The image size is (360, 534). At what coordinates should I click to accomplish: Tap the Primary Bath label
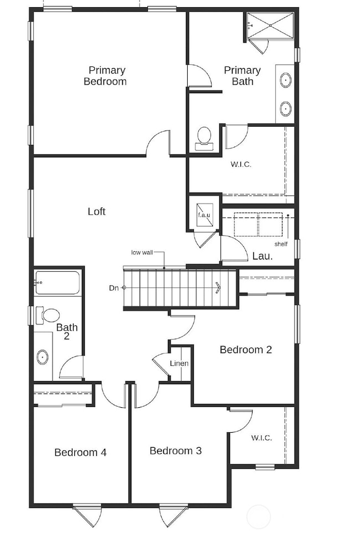(x=242, y=76)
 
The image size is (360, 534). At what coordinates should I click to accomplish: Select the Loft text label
(x=96, y=211)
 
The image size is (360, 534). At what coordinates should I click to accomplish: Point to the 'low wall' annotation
(x=142, y=252)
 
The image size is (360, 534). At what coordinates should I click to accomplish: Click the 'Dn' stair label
(x=114, y=287)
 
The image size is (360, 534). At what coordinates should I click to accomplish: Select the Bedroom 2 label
(x=245, y=350)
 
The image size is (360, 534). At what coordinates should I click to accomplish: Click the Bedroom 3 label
(x=175, y=450)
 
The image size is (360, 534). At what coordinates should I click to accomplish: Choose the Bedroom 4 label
(x=80, y=452)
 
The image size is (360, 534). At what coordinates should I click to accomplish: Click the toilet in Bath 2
(x=48, y=315)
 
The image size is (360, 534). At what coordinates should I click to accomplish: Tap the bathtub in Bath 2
(x=58, y=283)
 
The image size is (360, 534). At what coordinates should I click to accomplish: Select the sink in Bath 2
(x=43, y=357)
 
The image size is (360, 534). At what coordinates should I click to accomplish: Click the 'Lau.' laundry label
(x=261, y=256)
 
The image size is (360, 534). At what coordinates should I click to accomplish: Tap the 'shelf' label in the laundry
(x=281, y=244)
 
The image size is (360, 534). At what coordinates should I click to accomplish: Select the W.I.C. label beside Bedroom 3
(x=261, y=438)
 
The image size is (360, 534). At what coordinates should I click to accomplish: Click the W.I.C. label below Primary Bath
(x=241, y=164)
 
